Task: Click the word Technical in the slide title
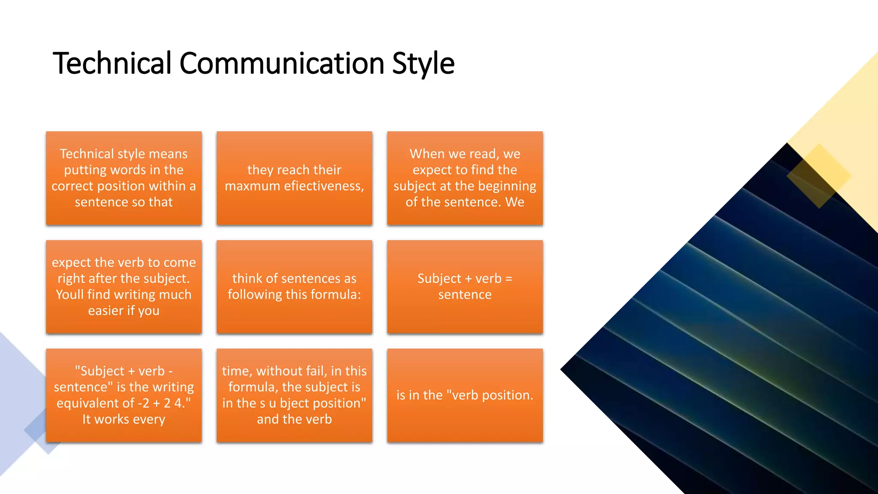111,63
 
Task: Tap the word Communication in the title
282,63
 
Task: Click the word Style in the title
423,63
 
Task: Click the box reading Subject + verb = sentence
465,286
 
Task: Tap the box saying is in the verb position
465,395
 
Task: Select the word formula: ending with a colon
336,295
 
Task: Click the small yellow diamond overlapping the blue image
819,176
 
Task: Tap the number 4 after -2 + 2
178,403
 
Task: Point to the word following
252,295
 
